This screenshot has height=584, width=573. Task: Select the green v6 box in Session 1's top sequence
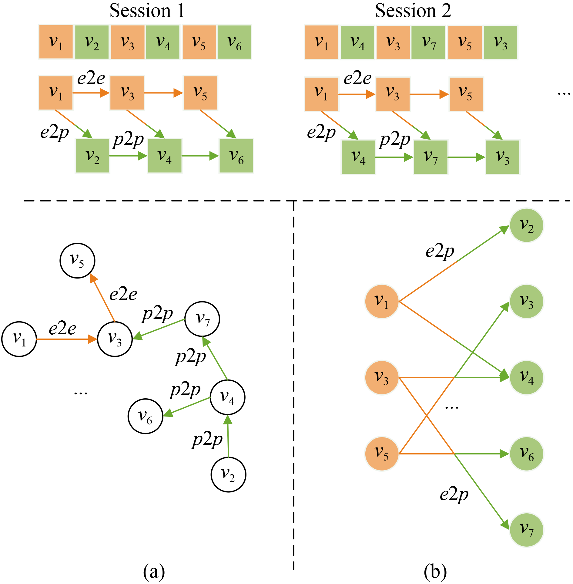pos(234,42)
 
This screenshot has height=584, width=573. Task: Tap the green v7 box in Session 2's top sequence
pos(428,42)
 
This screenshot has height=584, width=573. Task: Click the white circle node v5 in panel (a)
pos(78,261)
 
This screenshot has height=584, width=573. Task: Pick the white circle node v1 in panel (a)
pos(19,339)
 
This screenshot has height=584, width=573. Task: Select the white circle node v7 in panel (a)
pos(202,319)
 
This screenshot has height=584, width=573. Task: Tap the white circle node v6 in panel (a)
pos(146,416)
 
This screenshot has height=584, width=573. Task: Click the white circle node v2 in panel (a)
pos(228,474)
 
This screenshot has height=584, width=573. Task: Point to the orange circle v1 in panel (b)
pos(382,301)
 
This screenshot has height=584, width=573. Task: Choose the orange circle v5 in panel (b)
pos(382,454)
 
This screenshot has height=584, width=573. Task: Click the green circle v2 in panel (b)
pos(527,225)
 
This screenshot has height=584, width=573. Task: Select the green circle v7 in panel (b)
pos(527,530)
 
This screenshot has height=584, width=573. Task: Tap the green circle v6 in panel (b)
pos(527,454)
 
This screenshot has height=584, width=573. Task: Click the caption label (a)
pos(154,572)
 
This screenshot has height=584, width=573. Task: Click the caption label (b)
pos(435,572)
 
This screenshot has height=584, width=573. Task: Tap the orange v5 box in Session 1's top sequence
pos(199,42)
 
